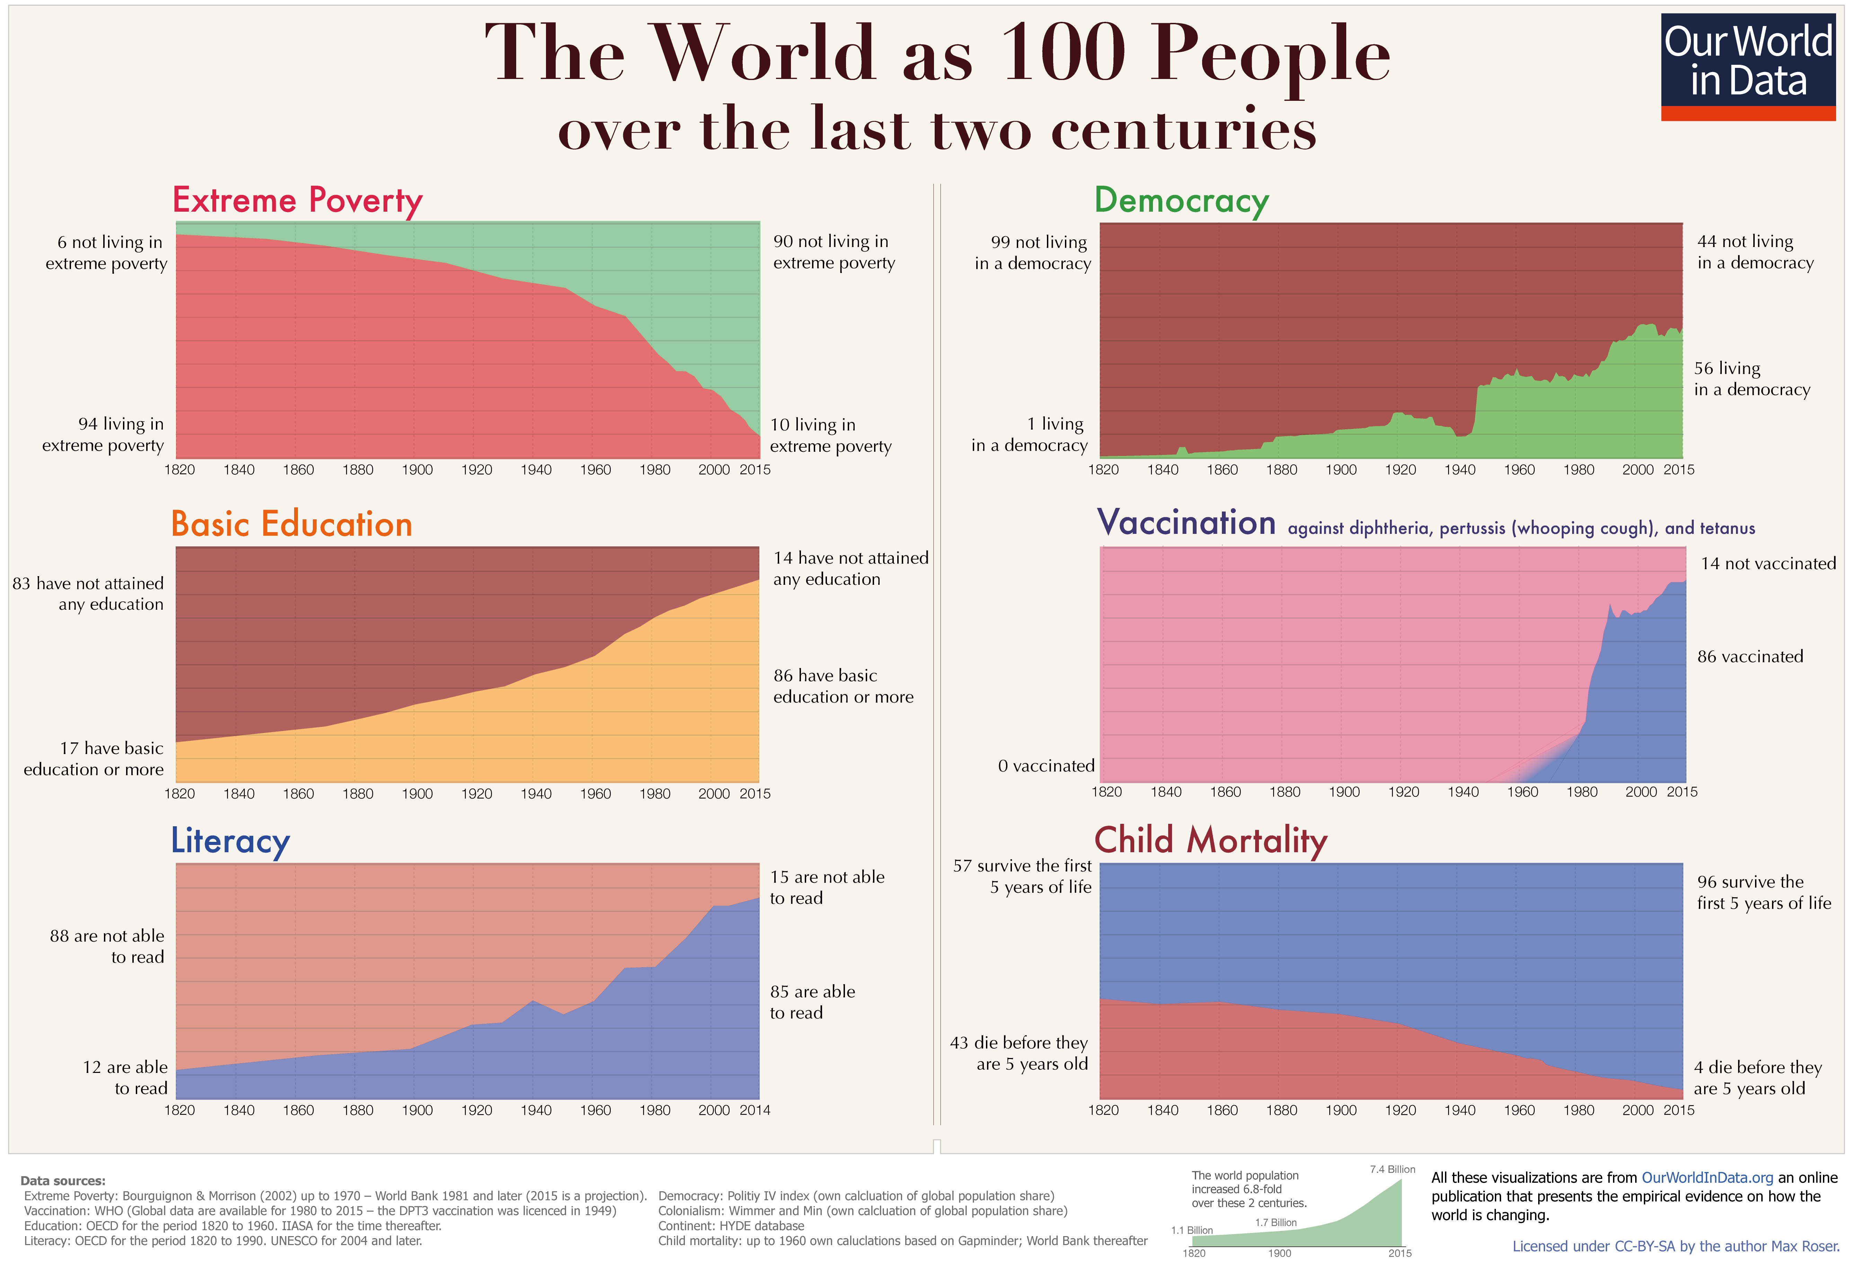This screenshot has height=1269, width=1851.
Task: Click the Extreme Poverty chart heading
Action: coord(297,200)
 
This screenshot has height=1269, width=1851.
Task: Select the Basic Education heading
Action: coord(291,524)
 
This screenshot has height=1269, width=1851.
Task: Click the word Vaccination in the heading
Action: coord(1186,522)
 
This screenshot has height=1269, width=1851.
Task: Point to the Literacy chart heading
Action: coord(230,840)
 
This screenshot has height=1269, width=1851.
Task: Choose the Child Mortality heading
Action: coord(1211,840)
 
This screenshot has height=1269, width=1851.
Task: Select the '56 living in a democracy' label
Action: coord(1752,378)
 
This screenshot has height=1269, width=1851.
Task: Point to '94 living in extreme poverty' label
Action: coord(104,434)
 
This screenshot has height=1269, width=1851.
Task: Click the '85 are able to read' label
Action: coord(812,1002)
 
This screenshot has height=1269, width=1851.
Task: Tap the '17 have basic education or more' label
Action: coord(94,758)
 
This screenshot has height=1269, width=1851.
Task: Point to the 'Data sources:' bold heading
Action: coord(63,1181)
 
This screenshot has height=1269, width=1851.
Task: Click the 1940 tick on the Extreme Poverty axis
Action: coord(536,470)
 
